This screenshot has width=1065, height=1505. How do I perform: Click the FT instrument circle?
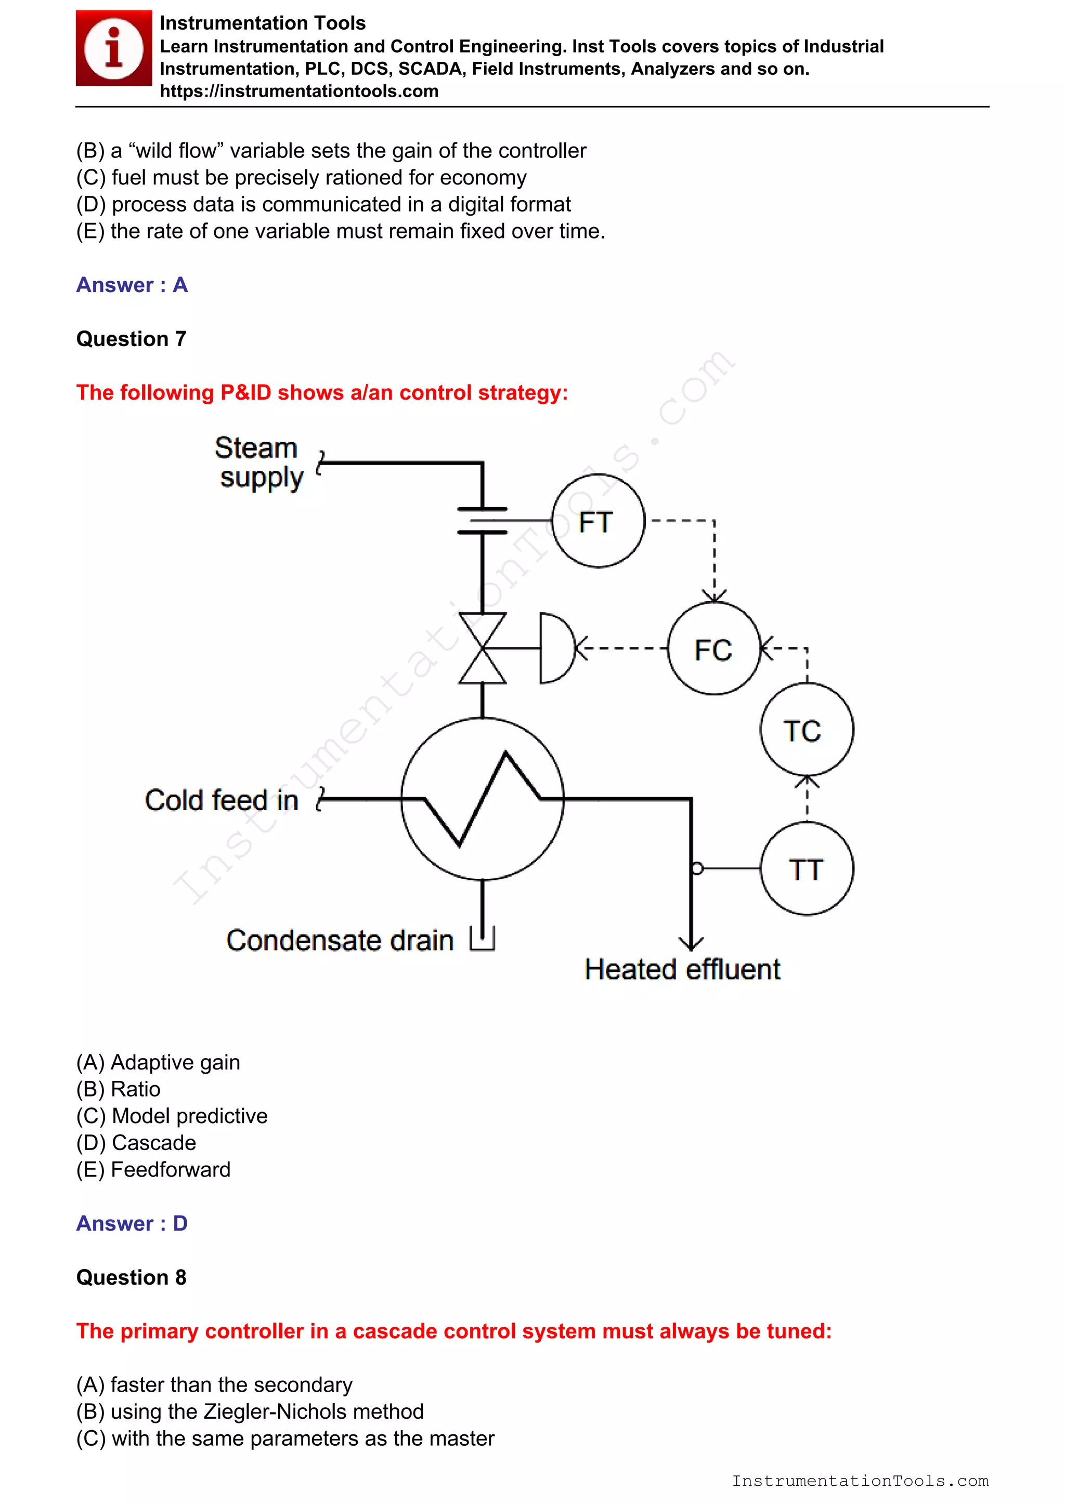[598, 521]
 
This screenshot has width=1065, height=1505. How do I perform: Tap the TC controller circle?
[807, 730]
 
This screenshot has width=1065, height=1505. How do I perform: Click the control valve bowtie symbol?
[483, 648]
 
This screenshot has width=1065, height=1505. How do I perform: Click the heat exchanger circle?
[482, 798]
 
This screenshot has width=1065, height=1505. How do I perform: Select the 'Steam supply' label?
[258, 463]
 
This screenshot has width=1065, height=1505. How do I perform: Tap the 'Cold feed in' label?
[222, 800]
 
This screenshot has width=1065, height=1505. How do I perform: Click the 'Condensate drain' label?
[340, 940]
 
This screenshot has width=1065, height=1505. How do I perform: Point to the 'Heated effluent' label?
[682, 969]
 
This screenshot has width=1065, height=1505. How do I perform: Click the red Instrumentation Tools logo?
[113, 48]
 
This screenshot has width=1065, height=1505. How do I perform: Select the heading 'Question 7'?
[131, 339]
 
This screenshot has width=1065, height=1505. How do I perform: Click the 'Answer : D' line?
[132, 1223]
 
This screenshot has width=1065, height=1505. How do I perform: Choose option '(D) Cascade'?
[136, 1142]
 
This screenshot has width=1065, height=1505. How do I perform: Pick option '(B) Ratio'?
[119, 1089]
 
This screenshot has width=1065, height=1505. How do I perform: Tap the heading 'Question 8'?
[131, 1277]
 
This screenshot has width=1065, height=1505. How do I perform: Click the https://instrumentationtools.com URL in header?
[299, 91]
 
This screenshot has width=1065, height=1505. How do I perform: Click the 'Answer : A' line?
[132, 285]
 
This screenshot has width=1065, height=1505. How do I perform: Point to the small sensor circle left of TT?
[697, 868]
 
